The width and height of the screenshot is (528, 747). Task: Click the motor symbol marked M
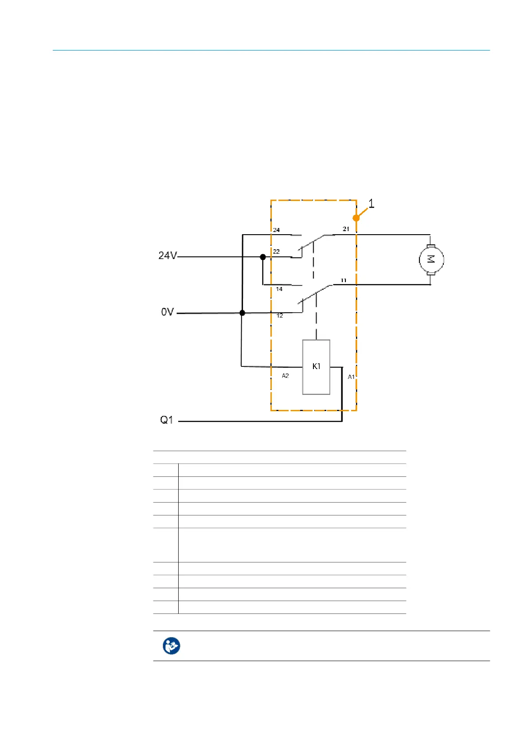[x=431, y=259]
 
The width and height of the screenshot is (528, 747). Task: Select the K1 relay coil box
[x=316, y=367]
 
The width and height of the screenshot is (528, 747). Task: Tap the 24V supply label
[x=168, y=256]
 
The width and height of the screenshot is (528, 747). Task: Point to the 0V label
[x=167, y=312]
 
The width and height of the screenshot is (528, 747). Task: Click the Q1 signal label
[x=167, y=420]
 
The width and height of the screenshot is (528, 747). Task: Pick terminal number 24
[x=276, y=230]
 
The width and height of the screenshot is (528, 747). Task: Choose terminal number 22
[x=276, y=252]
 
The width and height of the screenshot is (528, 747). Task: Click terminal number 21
[x=346, y=229]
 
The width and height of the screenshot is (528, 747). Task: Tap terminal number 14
[x=279, y=289]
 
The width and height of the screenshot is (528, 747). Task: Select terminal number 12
[x=280, y=316]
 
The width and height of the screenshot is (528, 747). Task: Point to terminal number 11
[x=344, y=280]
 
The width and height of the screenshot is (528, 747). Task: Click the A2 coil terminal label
[x=285, y=376]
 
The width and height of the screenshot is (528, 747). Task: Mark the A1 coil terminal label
[x=351, y=377]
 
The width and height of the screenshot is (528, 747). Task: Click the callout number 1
[x=372, y=204]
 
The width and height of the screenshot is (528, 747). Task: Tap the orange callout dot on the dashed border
[x=356, y=218]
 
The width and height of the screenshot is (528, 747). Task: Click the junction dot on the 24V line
[x=263, y=257]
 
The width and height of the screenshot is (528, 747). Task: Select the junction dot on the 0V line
[x=242, y=313]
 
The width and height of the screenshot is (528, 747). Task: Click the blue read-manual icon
[x=171, y=646]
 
